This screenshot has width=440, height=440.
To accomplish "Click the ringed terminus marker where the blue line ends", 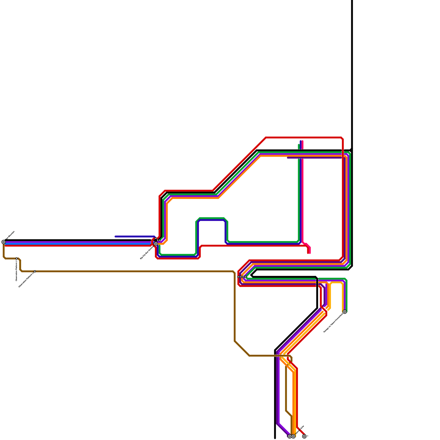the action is click(4, 242).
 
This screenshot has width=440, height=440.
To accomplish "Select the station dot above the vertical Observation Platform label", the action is click(16, 258).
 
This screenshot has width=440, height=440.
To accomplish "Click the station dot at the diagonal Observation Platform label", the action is click(35, 271).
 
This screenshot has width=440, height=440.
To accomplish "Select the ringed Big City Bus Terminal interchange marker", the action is click(156, 244).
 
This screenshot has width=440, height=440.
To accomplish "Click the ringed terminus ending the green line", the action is click(345, 312).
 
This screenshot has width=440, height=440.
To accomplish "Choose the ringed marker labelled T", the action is click(304, 436).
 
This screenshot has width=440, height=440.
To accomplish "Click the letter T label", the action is click(308, 436).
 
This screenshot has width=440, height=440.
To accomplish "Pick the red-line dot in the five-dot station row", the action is click(238, 277).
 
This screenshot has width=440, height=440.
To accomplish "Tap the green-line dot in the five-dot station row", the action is click(246, 277).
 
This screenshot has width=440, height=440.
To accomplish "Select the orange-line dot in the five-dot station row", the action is click(242, 277).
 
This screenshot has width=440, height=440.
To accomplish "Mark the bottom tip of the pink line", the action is click(309, 253).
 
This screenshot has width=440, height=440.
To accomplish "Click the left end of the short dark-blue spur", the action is click(116, 237).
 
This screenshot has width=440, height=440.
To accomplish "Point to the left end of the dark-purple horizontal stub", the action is click(288, 158).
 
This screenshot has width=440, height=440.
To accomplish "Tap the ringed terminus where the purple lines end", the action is click(289, 436).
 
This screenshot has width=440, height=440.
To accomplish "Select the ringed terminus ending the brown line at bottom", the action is click(293, 436).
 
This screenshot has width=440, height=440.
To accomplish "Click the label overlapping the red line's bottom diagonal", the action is click(300, 430).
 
